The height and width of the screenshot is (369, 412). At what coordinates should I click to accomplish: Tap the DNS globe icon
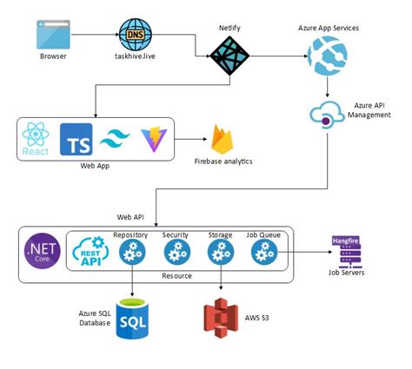pyautogui.click(x=134, y=35)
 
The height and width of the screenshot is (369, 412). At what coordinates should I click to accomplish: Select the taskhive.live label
pyautogui.click(x=135, y=57)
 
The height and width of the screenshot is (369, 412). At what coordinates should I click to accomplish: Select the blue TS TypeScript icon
pyautogui.click(x=76, y=139)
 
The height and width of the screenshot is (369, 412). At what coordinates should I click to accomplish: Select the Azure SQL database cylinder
pyautogui.click(x=133, y=320)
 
